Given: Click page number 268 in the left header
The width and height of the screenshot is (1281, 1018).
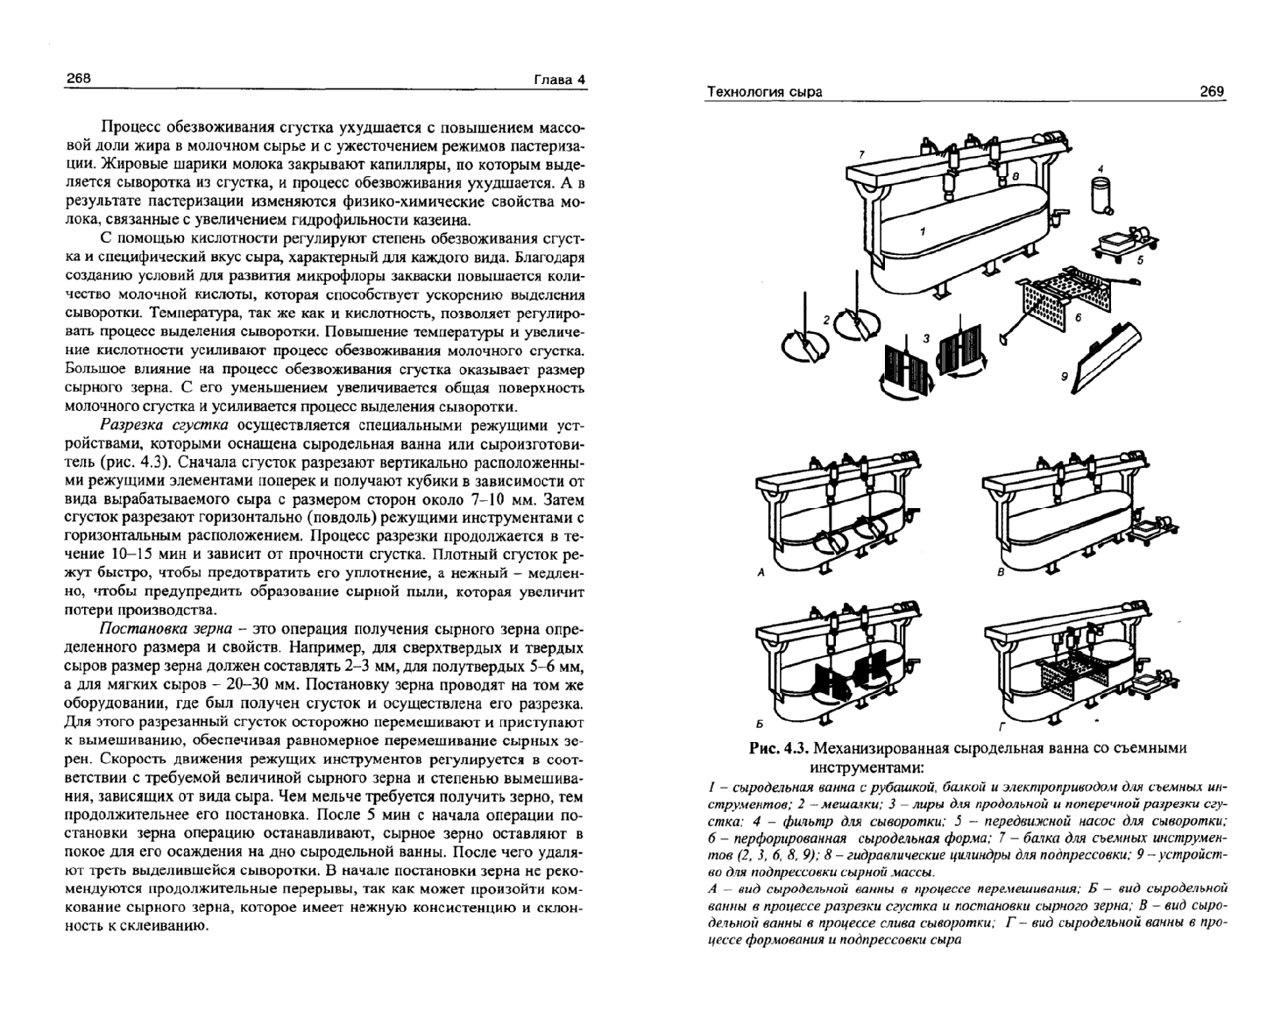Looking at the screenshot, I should tap(79, 79).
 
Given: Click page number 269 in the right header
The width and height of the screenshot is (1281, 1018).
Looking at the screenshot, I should tap(1211, 91).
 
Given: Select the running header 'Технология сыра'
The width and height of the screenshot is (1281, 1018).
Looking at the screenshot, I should tap(764, 92).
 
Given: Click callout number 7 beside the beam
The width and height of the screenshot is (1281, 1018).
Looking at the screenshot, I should tap(861, 154).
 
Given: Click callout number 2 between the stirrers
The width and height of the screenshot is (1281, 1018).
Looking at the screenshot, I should tap(825, 320).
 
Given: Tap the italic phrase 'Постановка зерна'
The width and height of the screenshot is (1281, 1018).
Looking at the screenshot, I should tap(166, 629).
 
